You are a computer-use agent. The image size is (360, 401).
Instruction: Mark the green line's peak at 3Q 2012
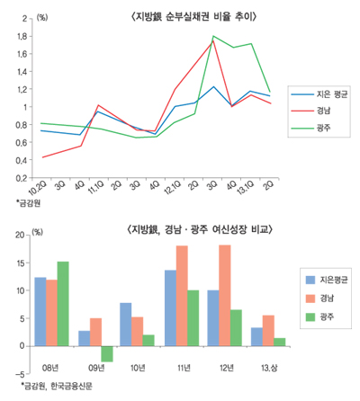pos(213,37)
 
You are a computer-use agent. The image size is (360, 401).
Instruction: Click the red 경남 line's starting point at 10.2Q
pos(43,157)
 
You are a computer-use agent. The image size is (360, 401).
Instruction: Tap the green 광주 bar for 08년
pos(62,303)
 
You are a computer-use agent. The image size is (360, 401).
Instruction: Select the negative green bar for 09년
pos(106,353)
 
